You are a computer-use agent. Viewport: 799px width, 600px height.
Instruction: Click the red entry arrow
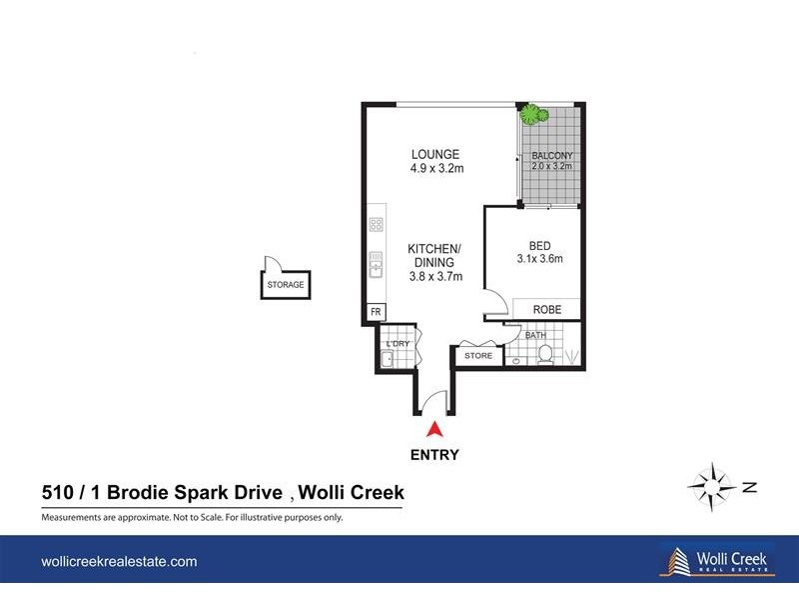pyautogui.click(x=434, y=430)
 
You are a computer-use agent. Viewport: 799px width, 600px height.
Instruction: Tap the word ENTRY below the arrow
pyautogui.click(x=434, y=455)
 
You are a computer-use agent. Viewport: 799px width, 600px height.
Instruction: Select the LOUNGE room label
pyautogui.click(x=435, y=154)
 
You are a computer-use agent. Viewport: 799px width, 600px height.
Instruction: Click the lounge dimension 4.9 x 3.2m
pyautogui.click(x=436, y=169)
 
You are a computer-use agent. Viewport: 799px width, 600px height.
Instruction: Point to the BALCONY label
pyautogui.click(x=551, y=156)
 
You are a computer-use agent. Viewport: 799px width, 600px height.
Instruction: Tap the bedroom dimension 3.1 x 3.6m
pyautogui.click(x=539, y=259)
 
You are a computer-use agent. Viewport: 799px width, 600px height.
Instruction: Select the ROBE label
pyautogui.click(x=545, y=310)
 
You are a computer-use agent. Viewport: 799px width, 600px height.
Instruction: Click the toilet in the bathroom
pyautogui.click(x=545, y=353)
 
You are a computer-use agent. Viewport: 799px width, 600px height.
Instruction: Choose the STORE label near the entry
pyautogui.click(x=478, y=355)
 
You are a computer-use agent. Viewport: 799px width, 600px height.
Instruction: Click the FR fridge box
pyautogui.click(x=376, y=312)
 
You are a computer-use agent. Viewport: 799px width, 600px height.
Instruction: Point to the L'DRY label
pyautogui.click(x=397, y=343)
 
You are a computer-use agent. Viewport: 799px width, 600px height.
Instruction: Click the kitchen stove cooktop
pyautogui.click(x=376, y=229)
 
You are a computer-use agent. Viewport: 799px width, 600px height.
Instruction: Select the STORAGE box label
pyautogui.click(x=285, y=285)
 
